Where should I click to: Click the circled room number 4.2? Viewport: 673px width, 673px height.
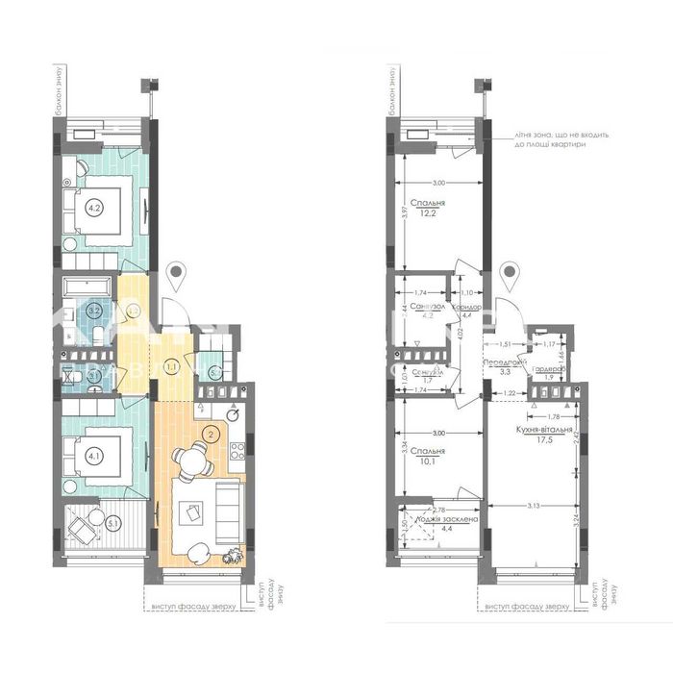94,204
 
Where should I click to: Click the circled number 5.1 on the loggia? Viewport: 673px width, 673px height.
112,523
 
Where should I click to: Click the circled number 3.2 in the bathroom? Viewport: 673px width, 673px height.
94,310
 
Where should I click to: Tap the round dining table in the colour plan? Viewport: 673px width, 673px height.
196,464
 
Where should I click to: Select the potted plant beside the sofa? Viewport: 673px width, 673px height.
232,554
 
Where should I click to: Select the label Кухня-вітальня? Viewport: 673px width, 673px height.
544,430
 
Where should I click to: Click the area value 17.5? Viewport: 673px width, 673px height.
544,442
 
